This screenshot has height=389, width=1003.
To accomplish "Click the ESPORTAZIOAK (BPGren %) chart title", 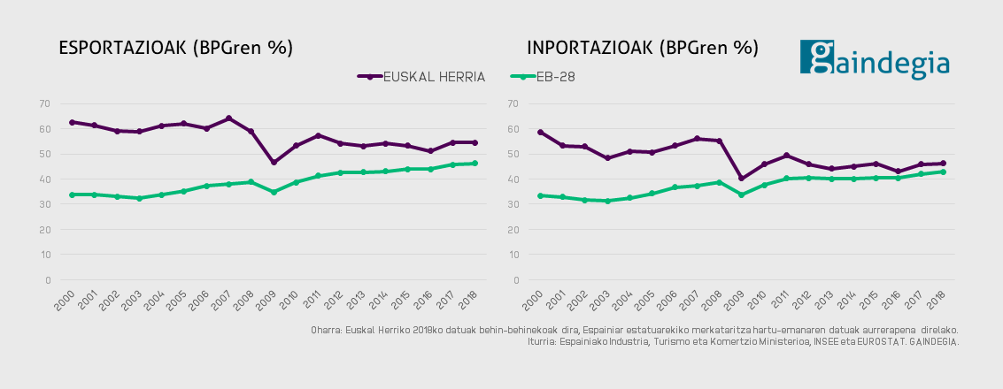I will pyautogui.click(x=175, y=48).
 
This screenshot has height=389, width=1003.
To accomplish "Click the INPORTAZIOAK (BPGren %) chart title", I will pyautogui.click(x=643, y=48).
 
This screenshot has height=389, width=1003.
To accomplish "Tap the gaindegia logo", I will pyautogui.click(x=874, y=60).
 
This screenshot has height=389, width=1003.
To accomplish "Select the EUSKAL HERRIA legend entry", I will pyautogui.click(x=422, y=77).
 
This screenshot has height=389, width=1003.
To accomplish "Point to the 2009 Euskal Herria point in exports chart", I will pyautogui.click(x=274, y=163).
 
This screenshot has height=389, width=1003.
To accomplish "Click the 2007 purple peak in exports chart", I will pyautogui.click(x=228, y=118).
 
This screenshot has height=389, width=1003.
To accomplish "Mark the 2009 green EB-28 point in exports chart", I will pyautogui.click(x=274, y=192).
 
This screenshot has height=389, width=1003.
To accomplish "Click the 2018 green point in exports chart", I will pyautogui.click(x=475, y=164).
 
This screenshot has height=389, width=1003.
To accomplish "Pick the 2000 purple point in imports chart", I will pyautogui.click(x=540, y=132).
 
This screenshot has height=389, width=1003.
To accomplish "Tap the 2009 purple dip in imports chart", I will pyautogui.click(x=742, y=179).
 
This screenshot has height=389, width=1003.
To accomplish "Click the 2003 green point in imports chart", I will pyautogui.click(x=607, y=201).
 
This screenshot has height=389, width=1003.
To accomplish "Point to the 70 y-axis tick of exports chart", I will pyautogui.click(x=44, y=103).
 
